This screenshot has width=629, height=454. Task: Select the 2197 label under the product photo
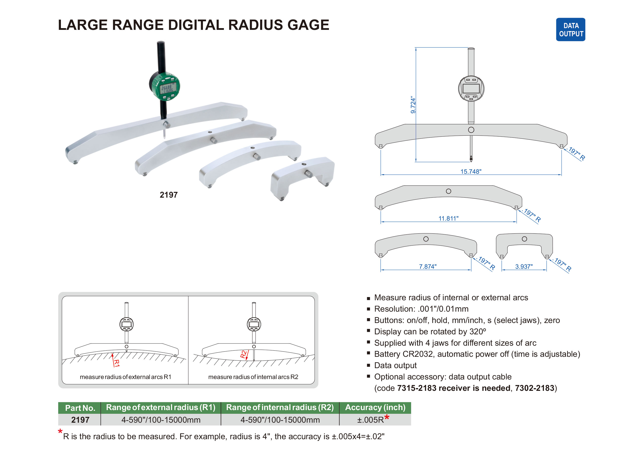168,195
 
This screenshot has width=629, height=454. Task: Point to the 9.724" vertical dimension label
413,105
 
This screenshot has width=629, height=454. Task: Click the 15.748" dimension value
471,171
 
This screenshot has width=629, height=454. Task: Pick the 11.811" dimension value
448,218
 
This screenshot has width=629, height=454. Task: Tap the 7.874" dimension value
427,266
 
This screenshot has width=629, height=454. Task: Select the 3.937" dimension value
524,266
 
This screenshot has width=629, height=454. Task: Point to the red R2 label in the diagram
243,354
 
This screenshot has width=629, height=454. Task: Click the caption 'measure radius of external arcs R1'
125,377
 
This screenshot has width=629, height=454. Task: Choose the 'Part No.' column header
80,408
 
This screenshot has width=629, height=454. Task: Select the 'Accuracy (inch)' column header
375,407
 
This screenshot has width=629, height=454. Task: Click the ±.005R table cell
370,420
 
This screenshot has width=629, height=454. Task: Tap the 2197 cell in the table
80,420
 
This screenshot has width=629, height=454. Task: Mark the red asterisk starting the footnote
60,432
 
